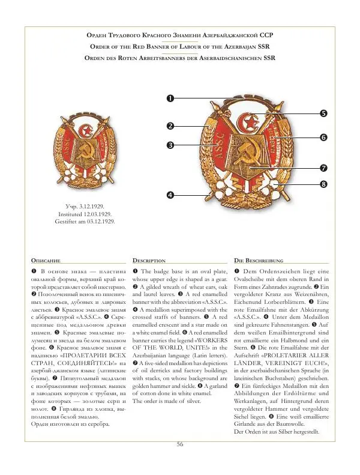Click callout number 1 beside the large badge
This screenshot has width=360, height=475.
point(170,98)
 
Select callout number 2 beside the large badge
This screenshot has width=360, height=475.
point(170,126)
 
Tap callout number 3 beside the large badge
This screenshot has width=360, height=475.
point(170,145)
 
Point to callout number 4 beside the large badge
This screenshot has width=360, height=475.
point(170,195)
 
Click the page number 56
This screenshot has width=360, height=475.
point(179,444)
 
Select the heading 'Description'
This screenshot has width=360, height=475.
point(149,261)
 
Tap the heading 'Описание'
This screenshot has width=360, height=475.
point(46,261)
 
